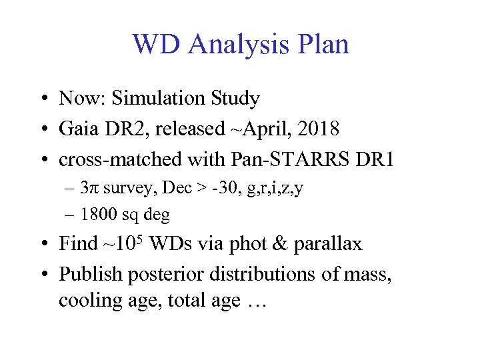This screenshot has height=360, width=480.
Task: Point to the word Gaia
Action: tap(78, 129)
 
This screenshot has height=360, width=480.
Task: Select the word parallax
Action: tap(329, 244)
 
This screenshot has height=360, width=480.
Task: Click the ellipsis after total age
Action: tap(256, 301)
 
